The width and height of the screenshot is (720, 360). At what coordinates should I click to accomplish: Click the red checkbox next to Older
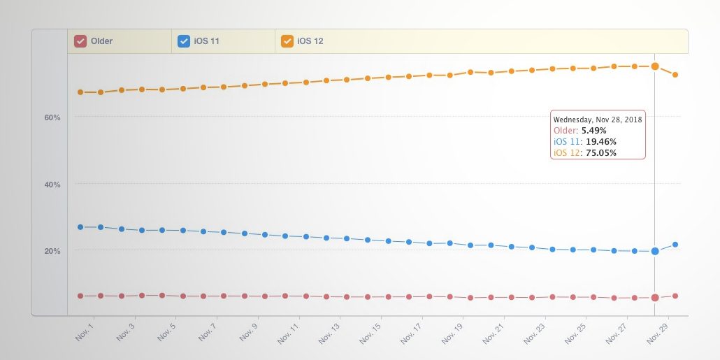coord(80,41)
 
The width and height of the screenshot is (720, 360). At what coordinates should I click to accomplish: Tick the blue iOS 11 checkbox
coord(184,41)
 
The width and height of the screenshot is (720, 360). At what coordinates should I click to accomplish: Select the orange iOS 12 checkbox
coord(287,41)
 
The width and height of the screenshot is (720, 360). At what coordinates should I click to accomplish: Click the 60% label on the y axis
coord(52,117)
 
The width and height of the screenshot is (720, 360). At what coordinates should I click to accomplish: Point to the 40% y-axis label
coord(52,185)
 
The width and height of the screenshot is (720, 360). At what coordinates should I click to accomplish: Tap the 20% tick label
coord(52,251)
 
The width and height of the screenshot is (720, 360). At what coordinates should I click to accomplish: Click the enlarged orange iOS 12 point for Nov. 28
coord(655,66)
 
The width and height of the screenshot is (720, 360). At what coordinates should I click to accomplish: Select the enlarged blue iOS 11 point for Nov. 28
coord(655,251)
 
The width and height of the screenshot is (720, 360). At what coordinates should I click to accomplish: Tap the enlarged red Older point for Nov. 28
coord(655,297)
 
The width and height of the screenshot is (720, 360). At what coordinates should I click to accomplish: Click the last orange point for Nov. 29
coord(675,74)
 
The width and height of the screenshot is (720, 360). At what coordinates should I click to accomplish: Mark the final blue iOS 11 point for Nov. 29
coord(675,245)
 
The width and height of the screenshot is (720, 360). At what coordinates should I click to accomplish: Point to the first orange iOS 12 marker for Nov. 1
coord(80,92)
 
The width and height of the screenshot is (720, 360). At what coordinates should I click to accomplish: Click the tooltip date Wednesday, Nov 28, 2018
coord(598,120)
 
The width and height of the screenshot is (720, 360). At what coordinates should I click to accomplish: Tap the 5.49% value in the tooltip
coord(593,131)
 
